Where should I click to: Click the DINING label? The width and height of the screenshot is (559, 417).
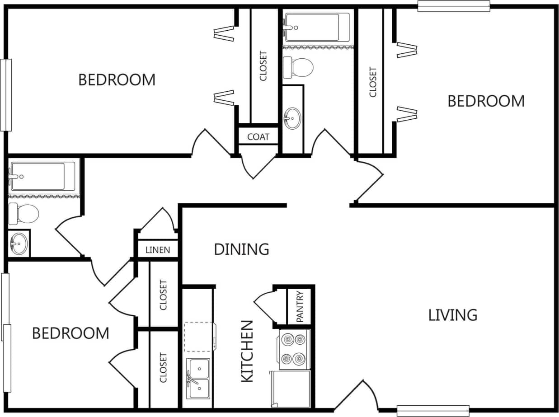[241, 249]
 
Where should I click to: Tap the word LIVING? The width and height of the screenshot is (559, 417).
[452, 315]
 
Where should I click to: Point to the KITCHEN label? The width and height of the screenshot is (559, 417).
[247, 351]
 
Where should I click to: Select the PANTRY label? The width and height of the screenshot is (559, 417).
[300, 306]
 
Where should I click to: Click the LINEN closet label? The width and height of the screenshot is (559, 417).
[158, 250]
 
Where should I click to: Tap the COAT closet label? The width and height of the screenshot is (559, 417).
[258, 137]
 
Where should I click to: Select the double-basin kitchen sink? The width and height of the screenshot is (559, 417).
[199, 378]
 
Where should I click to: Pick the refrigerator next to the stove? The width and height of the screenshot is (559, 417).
[291, 389]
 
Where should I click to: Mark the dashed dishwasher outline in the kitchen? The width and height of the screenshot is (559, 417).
[198, 337]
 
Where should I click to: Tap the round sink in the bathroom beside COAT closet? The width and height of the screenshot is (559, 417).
[292, 118]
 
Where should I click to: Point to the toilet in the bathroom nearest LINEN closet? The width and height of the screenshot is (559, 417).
[24, 213]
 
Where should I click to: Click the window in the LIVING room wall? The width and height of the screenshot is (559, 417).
[432, 410]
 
